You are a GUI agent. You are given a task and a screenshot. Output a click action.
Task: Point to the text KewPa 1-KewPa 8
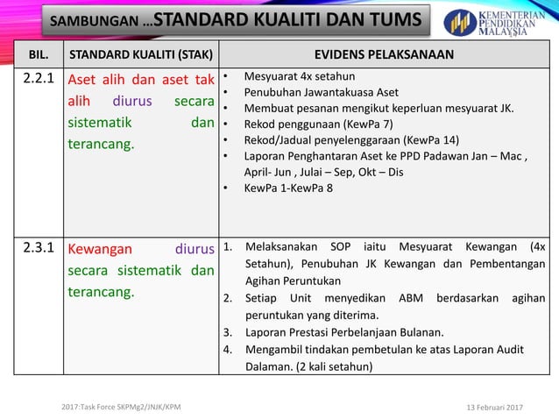(x=288, y=188)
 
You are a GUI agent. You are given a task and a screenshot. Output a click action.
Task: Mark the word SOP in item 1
(x=346, y=247)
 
